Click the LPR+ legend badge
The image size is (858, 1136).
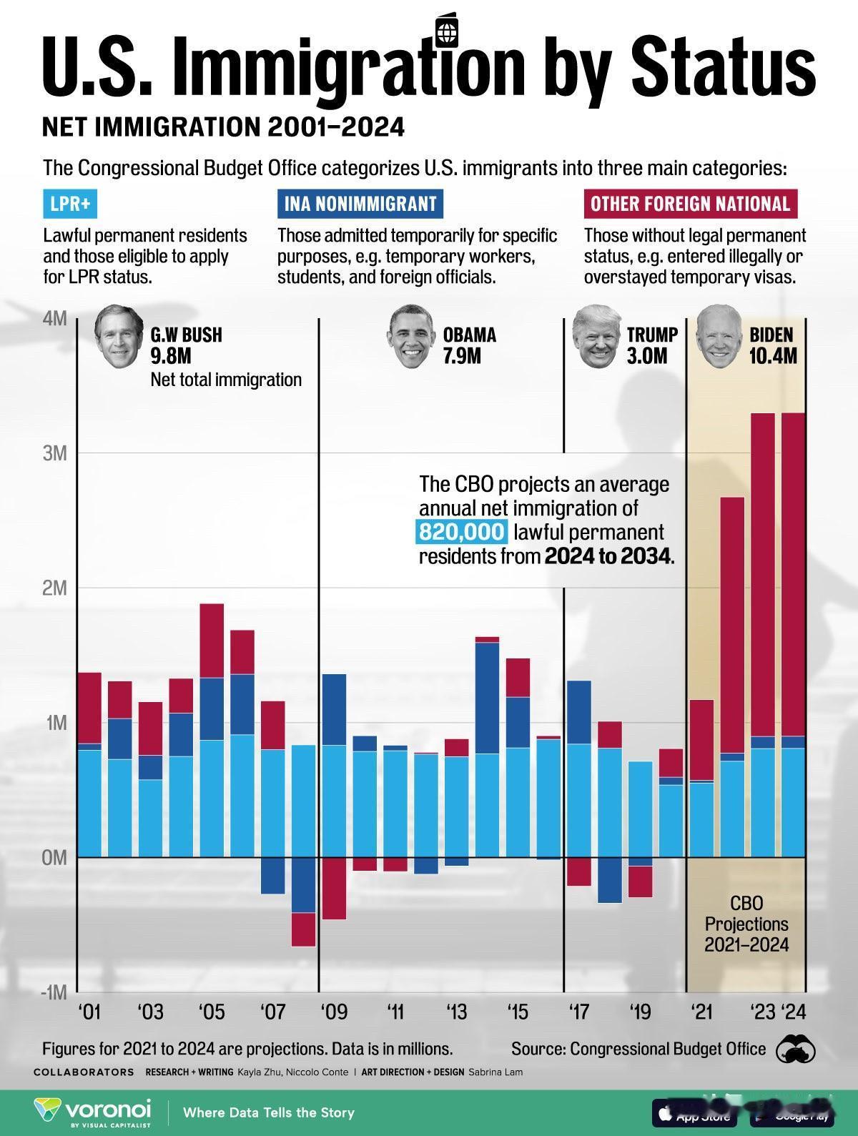click(70, 204)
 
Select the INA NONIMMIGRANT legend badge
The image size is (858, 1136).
click(360, 204)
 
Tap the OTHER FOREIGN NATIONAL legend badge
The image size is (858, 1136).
click(690, 204)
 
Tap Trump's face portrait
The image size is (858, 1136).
click(594, 336)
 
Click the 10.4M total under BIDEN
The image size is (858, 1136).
click(772, 355)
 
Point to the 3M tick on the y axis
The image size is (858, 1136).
click(54, 453)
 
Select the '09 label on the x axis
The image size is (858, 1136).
click(333, 1012)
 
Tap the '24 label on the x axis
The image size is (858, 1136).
click(794, 1012)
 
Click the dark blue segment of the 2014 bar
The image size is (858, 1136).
click(487, 698)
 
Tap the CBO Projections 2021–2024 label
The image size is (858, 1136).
click(746, 924)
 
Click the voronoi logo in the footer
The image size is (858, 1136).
click(93, 1112)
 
